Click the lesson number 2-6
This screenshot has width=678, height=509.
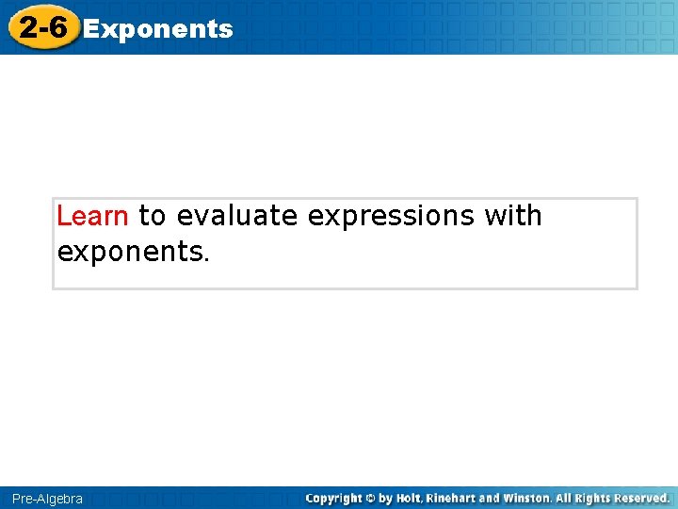click(x=42, y=27)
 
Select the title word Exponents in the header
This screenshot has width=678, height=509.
click(x=158, y=29)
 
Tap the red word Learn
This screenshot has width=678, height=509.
click(x=92, y=216)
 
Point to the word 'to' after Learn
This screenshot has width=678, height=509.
click(x=152, y=217)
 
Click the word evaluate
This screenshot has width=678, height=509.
click(x=236, y=216)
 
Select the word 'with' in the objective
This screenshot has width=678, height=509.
click(x=513, y=216)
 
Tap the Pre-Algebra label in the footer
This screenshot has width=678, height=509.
click(x=47, y=499)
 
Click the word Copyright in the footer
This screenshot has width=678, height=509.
click(x=335, y=498)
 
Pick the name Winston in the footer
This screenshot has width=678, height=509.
click(x=526, y=498)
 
